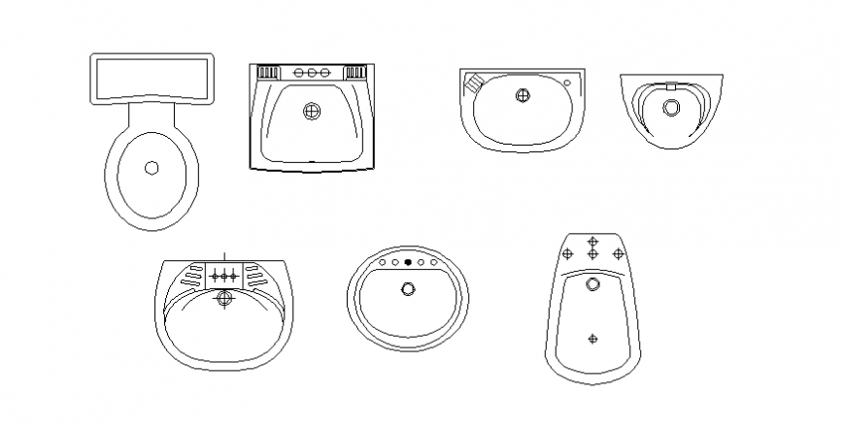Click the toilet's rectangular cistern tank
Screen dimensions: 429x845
point(151,78)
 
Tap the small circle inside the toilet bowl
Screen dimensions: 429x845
point(151,168)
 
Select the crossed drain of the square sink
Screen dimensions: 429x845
point(311,112)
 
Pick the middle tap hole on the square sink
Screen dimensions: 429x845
point(311,73)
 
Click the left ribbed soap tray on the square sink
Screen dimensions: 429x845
point(266,72)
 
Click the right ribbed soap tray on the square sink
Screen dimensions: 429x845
point(355,72)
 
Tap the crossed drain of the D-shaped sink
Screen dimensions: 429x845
point(523,96)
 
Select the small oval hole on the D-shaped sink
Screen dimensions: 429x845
point(566,81)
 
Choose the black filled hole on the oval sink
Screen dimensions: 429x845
point(408,262)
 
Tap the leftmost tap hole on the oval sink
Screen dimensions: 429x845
point(383,262)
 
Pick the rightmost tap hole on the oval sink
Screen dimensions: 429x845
point(433,262)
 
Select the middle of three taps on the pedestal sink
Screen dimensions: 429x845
point(225,275)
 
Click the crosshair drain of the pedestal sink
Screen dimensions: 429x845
point(225,298)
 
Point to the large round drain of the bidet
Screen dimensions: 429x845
point(593,284)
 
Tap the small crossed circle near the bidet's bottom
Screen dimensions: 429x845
point(593,339)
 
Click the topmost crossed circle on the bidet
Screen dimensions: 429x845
point(593,240)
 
